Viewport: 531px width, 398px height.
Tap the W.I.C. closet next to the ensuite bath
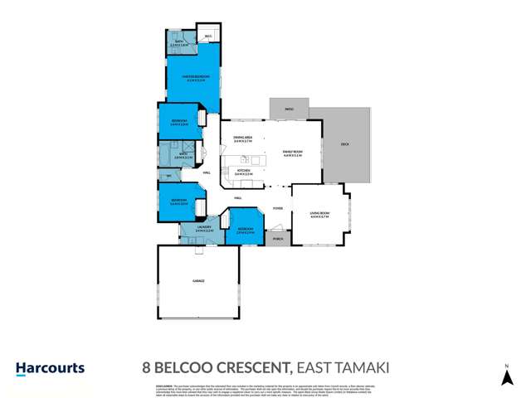(x=209, y=37)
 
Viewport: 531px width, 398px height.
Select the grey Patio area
(x=290, y=108)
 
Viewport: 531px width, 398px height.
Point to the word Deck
(x=344, y=144)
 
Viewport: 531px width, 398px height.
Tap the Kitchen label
(x=242, y=174)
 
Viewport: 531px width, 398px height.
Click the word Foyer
(x=278, y=208)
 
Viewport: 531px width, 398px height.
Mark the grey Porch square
(x=277, y=239)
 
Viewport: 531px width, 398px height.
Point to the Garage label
(x=198, y=281)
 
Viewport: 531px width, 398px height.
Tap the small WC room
(x=169, y=176)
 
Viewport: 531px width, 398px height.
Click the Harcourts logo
(x=50, y=368)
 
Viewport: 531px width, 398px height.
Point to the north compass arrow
(x=504, y=378)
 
